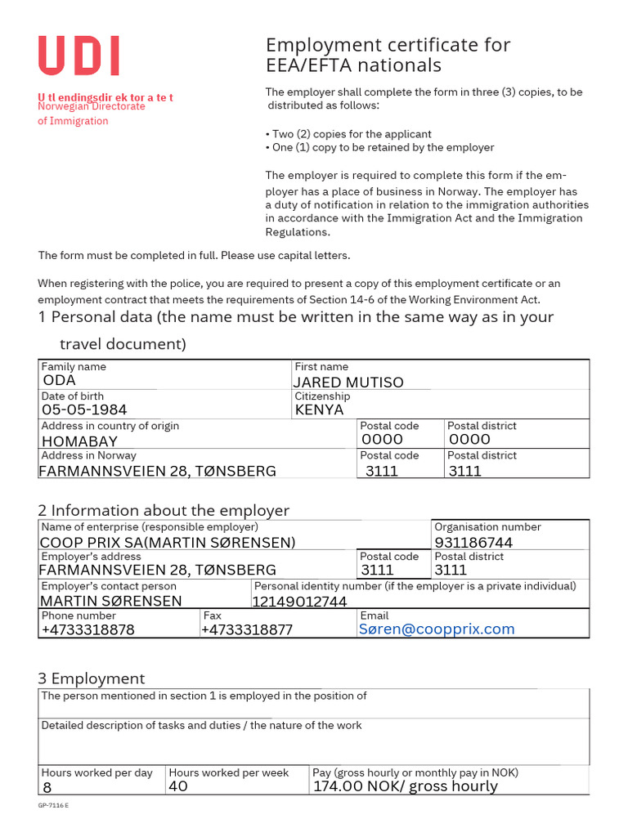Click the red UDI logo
[x=78, y=57]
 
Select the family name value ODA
[x=59, y=381]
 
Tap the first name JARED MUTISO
[x=349, y=382]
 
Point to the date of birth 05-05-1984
[x=84, y=410]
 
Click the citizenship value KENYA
[x=320, y=410]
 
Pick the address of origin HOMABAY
[x=79, y=441]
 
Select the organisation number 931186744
[x=473, y=543]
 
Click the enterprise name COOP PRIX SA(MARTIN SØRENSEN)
[x=168, y=543]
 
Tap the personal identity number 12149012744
[x=299, y=602]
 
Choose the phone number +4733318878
[x=87, y=629]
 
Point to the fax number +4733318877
[x=247, y=629]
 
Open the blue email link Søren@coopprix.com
[x=437, y=629]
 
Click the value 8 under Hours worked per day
[x=46, y=787]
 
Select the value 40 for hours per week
[x=177, y=786]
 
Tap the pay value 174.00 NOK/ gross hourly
[x=405, y=786]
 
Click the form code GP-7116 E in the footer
[x=53, y=806]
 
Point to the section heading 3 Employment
[x=92, y=678]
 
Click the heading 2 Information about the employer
[x=164, y=511]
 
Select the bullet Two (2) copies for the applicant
[x=349, y=134]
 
